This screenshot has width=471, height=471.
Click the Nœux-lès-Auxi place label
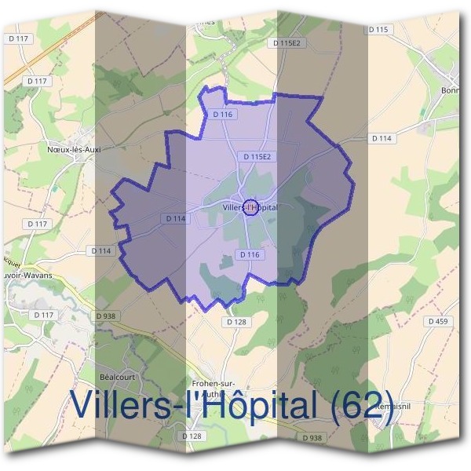point(75,147)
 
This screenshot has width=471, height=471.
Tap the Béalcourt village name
point(118,377)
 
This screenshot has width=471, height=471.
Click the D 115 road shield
point(378,29)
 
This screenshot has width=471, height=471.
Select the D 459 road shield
point(439,321)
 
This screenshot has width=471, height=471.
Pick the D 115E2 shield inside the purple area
point(257,157)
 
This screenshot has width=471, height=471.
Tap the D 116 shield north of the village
point(223,114)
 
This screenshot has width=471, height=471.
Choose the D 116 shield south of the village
point(249,254)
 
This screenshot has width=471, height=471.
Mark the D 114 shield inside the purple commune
point(176,219)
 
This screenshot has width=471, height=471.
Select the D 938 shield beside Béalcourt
point(105,316)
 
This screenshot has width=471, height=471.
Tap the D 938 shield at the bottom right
point(312,436)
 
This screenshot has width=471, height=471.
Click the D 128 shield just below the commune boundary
point(236,322)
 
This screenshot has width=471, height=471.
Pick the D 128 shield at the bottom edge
point(192,436)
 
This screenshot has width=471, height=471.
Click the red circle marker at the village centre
point(249,207)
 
